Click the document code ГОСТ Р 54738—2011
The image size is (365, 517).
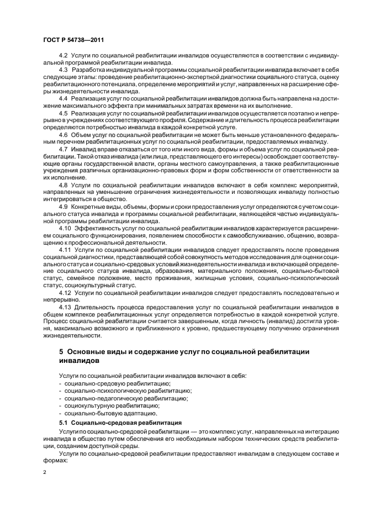[x=73, y=41]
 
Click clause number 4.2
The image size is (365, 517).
[x=63, y=57]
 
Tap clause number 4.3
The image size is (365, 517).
[x=63, y=71]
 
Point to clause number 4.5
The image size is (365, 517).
[x=63, y=113]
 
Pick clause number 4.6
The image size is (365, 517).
[x=63, y=134]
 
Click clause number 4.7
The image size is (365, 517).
[x=63, y=149]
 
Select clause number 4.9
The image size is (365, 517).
[x=63, y=206]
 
